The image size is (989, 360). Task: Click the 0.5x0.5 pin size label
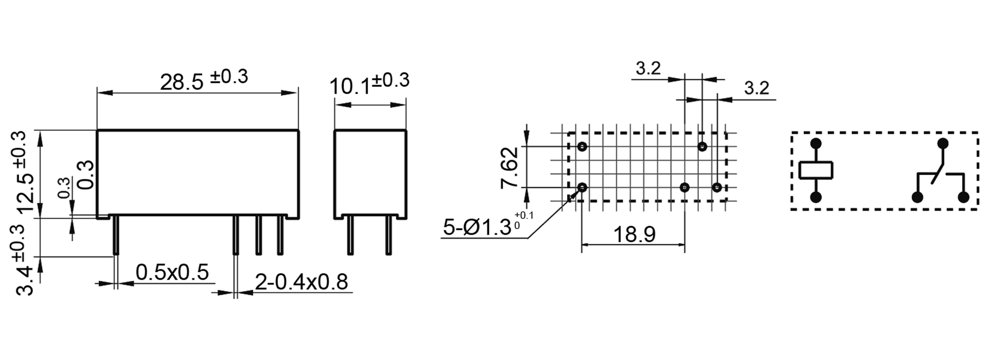click(x=172, y=272)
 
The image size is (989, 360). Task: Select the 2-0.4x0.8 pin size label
click(x=301, y=282)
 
